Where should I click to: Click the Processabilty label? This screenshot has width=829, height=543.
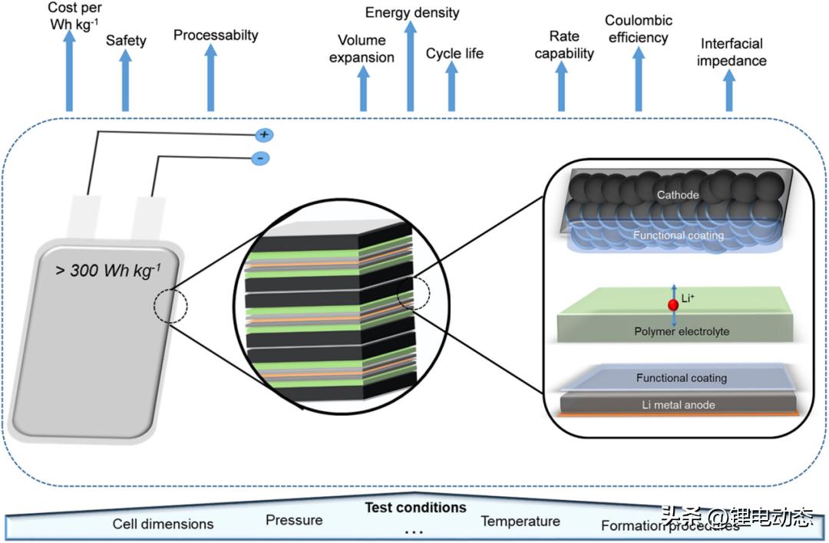pyautogui.click(x=216, y=35)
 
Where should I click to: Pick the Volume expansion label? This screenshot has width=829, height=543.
pyautogui.click(x=362, y=49)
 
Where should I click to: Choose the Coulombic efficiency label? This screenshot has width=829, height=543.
pyautogui.click(x=639, y=29)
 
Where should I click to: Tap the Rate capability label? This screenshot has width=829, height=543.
pyautogui.click(x=564, y=44)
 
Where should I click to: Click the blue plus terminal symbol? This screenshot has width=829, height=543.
pyautogui.click(x=264, y=135)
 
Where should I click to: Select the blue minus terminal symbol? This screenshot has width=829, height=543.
pyautogui.click(x=260, y=159)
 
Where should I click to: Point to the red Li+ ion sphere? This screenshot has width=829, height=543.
pyautogui.click(x=673, y=305)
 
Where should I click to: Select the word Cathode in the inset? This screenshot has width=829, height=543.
pyautogui.click(x=678, y=195)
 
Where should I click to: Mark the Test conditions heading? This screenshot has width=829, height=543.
pyautogui.click(x=415, y=508)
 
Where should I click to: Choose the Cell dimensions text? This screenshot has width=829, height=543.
pyautogui.click(x=163, y=525)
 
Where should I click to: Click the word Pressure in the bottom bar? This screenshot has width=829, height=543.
pyautogui.click(x=294, y=521)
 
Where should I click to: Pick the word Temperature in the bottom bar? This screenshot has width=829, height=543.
pyautogui.click(x=520, y=522)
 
